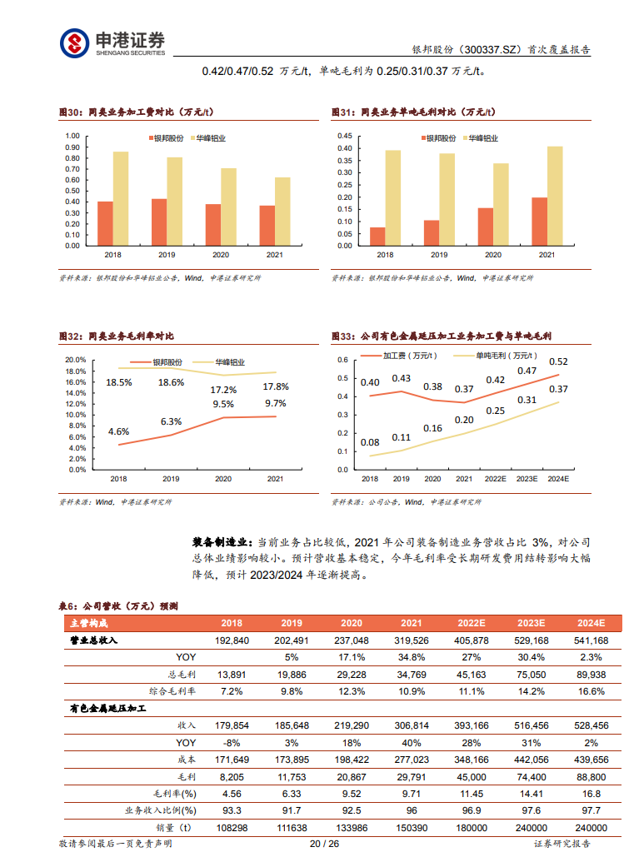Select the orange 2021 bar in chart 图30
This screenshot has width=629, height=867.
(x=267, y=226)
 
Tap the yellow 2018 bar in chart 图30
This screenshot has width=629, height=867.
(x=121, y=199)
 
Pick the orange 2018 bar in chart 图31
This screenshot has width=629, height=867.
(x=377, y=237)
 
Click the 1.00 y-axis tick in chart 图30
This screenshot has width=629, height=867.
(x=72, y=136)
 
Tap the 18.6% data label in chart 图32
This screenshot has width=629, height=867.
(x=171, y=382)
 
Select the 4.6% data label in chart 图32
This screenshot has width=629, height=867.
(x=118, y=431)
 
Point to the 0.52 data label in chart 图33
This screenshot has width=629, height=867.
(x=559, y=361)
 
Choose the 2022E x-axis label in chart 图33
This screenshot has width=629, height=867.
(x=496, y=479)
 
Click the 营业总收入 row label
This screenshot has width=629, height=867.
(x=93, y=640)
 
